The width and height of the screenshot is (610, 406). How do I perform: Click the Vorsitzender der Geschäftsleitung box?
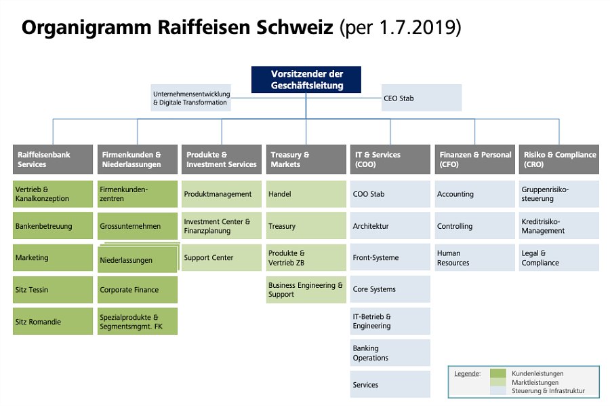(x=306, y=79)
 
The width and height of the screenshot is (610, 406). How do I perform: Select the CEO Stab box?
(x=422, y=98)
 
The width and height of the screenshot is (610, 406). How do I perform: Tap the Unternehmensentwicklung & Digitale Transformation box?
(x=190, y=98)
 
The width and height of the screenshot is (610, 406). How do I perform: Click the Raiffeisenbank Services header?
(x=53, y=160)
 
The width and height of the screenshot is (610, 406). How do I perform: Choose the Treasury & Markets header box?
(x=306, y=160)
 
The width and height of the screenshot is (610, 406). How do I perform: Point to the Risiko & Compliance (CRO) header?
(x=559, y=160)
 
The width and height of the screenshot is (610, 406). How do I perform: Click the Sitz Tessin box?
(x=53, y=289)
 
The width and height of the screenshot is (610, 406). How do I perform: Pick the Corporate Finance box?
(x=138, y=289)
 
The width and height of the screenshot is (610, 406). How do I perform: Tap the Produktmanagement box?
(x=222, y=193)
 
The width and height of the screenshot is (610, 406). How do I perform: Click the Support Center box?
(x=222, y=257)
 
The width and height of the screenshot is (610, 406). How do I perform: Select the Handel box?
(x=306, y=193)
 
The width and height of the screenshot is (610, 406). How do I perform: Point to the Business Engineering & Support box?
(x=306, y=289)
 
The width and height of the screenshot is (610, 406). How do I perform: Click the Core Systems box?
(x=390, y=289)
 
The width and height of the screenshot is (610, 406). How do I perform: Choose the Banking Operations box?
(x=390, y=352)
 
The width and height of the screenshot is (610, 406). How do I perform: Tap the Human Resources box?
(x=474, y=257)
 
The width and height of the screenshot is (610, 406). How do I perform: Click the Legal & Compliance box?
(x=559, y=257)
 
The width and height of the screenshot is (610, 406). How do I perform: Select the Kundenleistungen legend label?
(x=537, y=373)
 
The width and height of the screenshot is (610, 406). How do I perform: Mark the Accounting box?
(x=474, y=193)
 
